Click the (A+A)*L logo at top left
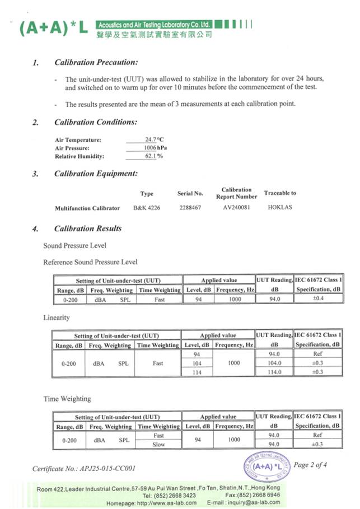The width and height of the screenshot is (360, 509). coord(53,28)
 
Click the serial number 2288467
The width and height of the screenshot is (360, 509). coord(190,208)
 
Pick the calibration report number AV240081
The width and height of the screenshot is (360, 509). coord(236,208)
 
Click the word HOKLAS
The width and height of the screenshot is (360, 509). coord(280,208)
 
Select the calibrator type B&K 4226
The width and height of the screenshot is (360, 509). coord(147,208)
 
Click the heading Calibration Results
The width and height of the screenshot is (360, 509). coord(88,228)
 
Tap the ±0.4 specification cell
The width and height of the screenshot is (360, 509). coord(317,299)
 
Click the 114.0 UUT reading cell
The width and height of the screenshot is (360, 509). coord(274,372)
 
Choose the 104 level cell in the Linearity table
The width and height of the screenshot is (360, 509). coord(197,363)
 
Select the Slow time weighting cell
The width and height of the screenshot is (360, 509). coord(158,444)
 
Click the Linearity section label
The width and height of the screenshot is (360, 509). coord(57,317)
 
